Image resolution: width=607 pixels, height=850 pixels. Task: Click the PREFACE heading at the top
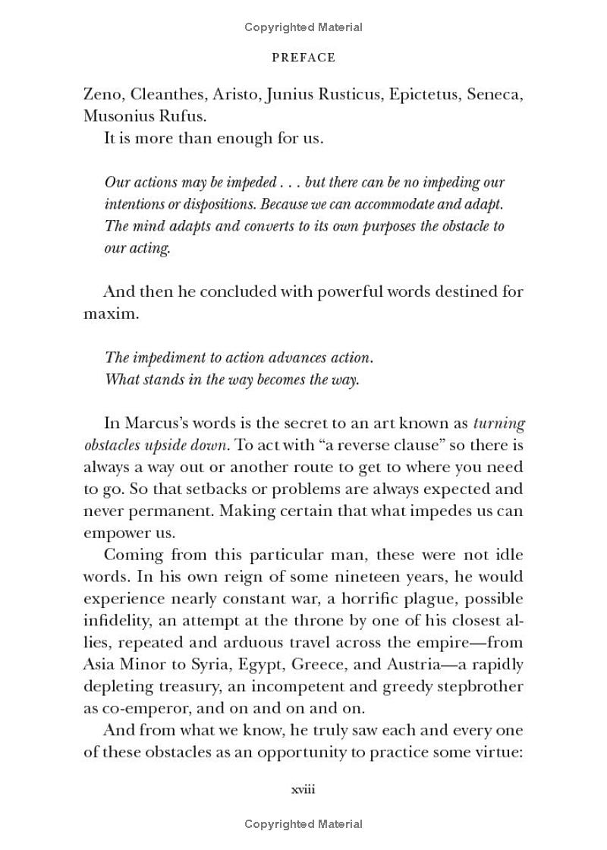click(303, 58)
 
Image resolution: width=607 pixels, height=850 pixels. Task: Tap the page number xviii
click(303, 789)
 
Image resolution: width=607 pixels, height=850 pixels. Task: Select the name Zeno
click(103, 94)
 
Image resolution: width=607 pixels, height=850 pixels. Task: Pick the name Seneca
click(495, 94)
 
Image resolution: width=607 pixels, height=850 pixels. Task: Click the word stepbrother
click(476, 688)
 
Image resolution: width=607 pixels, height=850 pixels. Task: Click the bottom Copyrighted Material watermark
click(303, 823)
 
